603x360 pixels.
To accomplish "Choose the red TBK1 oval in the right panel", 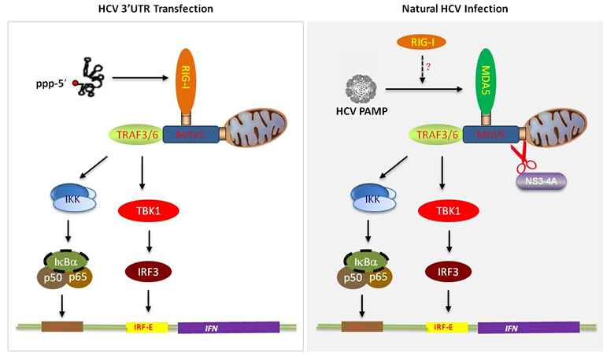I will tap(446, 210).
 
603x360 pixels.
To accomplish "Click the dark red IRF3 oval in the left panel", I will tap(147, 271).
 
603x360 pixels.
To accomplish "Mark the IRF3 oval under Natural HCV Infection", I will tap(446, 271).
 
